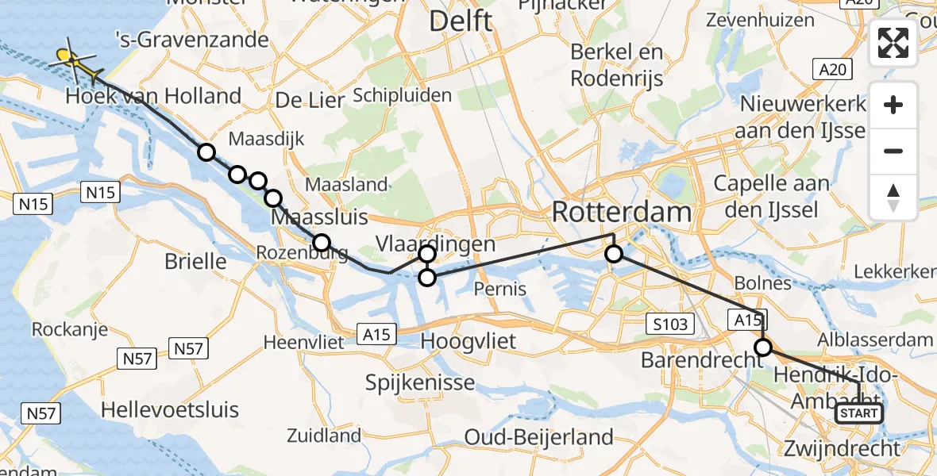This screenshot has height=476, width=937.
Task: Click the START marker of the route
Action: coord(859,413)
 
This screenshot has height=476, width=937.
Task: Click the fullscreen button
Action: coord(893,43)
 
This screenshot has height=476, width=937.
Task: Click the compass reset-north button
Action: coord(893,198)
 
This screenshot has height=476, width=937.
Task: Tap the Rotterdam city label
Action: coord(622,213)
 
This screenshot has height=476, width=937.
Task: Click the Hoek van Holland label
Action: coord(153,97)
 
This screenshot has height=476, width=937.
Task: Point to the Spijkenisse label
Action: coord(420,382)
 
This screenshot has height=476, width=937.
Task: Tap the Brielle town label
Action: coord(195,262)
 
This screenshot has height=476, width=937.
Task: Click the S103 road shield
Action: coord(671,324)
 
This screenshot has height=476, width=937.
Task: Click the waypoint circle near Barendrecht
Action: coord(763,347)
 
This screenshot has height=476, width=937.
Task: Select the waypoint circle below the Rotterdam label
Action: coord(614,254)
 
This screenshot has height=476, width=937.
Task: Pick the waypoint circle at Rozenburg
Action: coord(321,242)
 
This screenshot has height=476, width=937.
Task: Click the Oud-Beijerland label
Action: coord(539,436)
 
